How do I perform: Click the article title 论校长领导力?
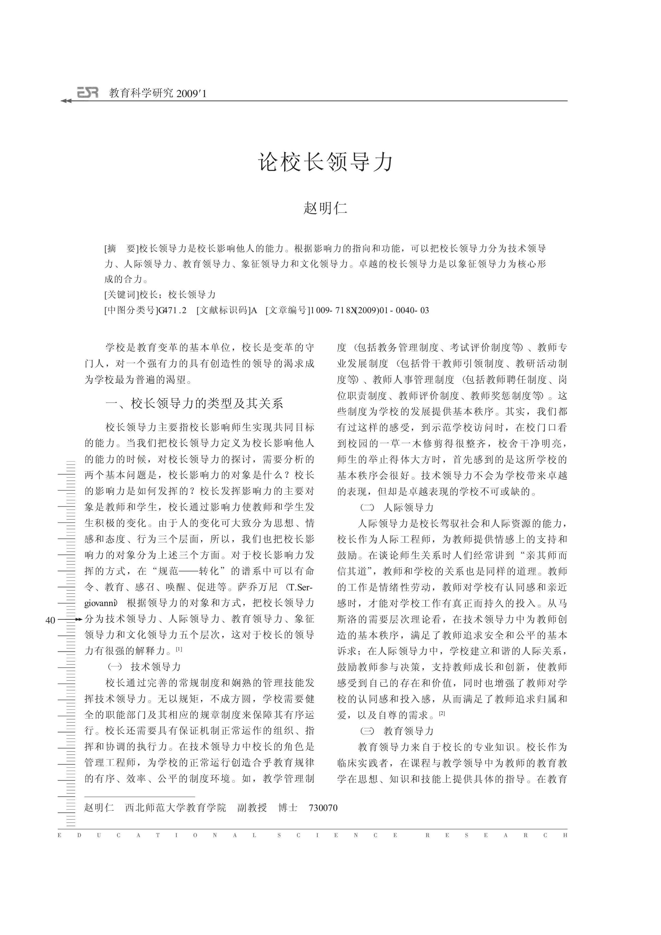pos(326,162)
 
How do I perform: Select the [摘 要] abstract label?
pos(121,249)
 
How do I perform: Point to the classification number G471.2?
pos(172,311)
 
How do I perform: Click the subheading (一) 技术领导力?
pos(144,667)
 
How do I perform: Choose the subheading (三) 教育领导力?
pos(397,731)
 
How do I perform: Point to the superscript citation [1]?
pos(179,649)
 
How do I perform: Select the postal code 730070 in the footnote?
pos(323,808)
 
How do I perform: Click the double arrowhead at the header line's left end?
pos(66,101)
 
